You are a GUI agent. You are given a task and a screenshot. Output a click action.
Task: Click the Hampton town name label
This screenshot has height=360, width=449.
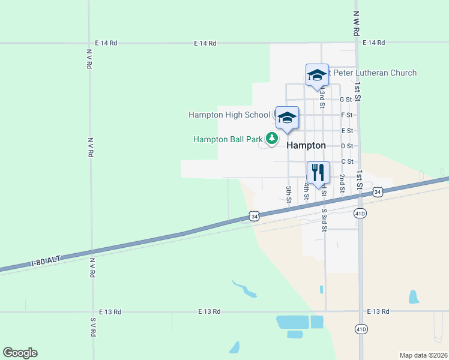point(306,145)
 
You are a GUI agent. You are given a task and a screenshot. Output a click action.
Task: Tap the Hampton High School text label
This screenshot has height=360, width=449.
point(229,115)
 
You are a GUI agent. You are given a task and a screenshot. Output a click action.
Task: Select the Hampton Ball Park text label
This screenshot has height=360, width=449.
point(228,139)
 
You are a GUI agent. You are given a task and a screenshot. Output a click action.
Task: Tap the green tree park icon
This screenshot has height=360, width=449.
point(272,139)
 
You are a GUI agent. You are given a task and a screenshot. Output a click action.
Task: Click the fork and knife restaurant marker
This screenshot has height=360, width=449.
point(318,172)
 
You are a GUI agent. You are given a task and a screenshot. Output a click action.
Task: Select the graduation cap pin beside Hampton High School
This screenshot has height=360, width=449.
point(287,118)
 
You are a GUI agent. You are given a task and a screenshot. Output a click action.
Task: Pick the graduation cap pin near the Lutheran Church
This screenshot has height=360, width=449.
point(317,76)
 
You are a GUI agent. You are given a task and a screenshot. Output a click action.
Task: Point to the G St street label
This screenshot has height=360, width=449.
point(345,100)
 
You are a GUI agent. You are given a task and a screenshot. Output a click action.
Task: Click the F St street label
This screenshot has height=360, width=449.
point(346,115)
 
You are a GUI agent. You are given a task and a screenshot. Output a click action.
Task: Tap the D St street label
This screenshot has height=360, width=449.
point(346,146)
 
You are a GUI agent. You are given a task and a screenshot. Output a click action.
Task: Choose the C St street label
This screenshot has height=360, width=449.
point(347,161)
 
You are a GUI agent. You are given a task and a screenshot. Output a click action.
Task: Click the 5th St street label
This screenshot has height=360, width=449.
point(289,193)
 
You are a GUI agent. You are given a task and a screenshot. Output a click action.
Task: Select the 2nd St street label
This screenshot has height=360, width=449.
point(341,183)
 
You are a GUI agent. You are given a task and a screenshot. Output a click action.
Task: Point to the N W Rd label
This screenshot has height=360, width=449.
point(356,23)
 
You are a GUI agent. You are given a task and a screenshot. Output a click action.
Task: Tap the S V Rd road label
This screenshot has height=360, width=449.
point(93,327)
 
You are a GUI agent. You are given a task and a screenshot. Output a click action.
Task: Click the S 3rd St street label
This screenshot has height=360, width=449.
point(324,220)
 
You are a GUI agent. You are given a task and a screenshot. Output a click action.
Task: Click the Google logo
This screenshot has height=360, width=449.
point(20,353)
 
